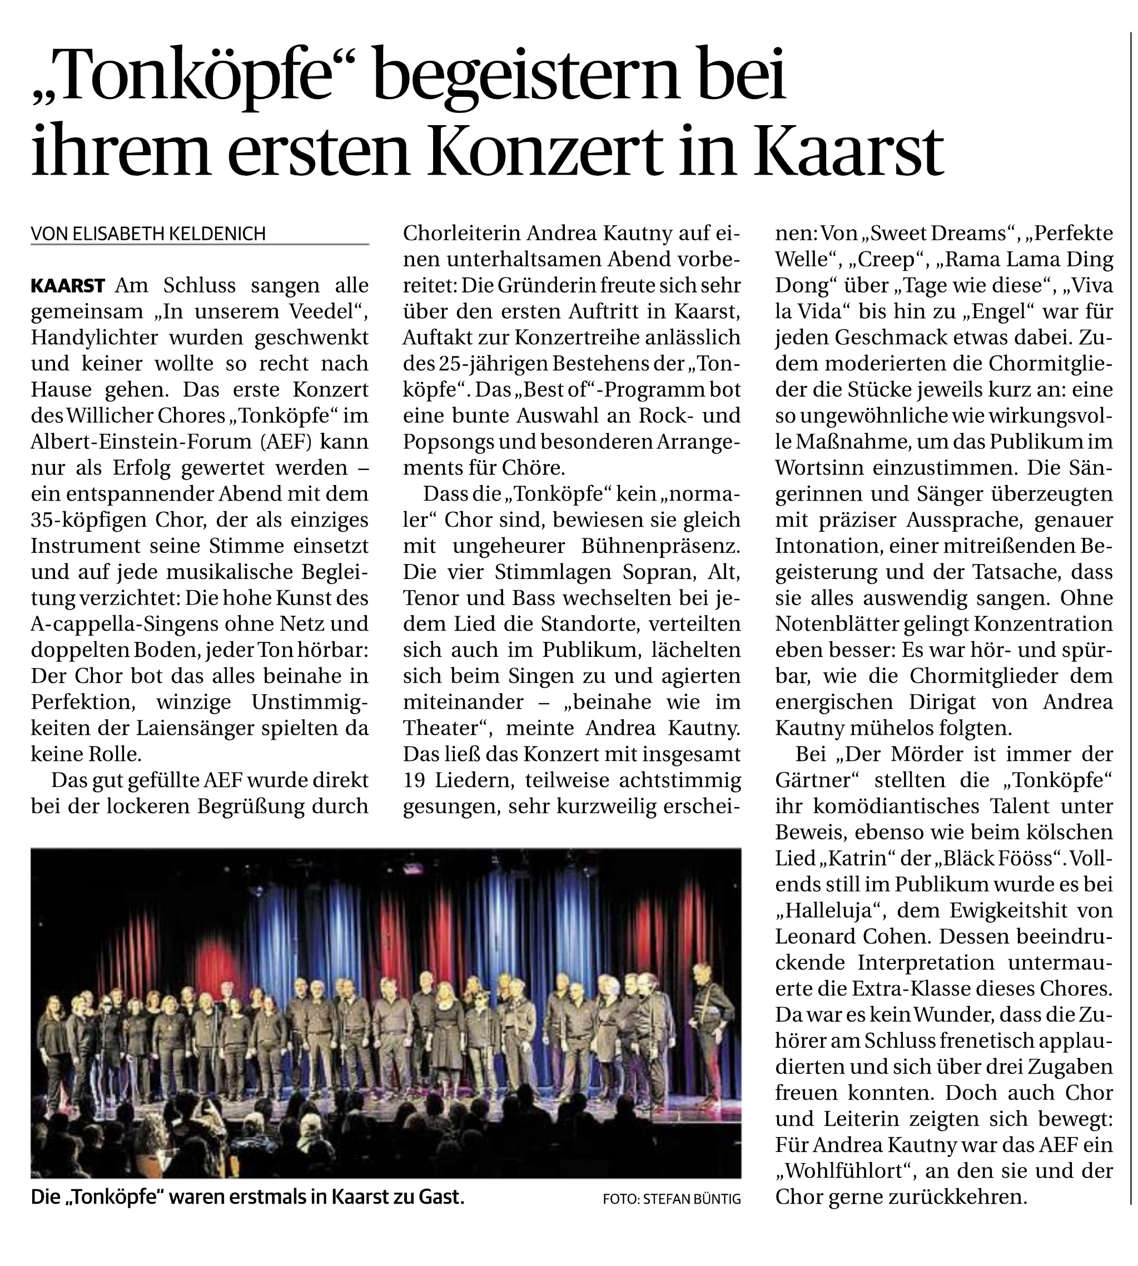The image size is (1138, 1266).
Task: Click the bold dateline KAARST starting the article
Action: click(67, 286)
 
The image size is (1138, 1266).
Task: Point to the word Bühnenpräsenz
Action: click(660, 546)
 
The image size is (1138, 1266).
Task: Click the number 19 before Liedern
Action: click(413, 780)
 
